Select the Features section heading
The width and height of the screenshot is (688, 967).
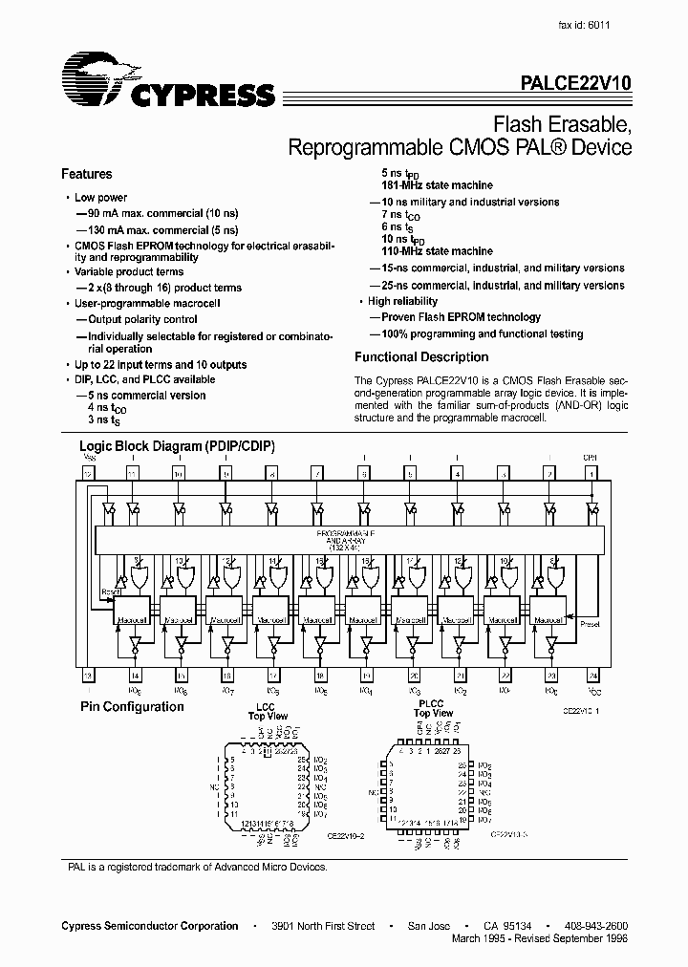coord(87,174)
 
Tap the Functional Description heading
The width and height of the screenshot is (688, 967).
coord(421,357)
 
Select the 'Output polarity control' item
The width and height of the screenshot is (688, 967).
coord(142,319)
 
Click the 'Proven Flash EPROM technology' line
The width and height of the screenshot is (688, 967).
coord(461,317)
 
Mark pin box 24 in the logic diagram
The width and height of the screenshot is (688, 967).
coord(591,675)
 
